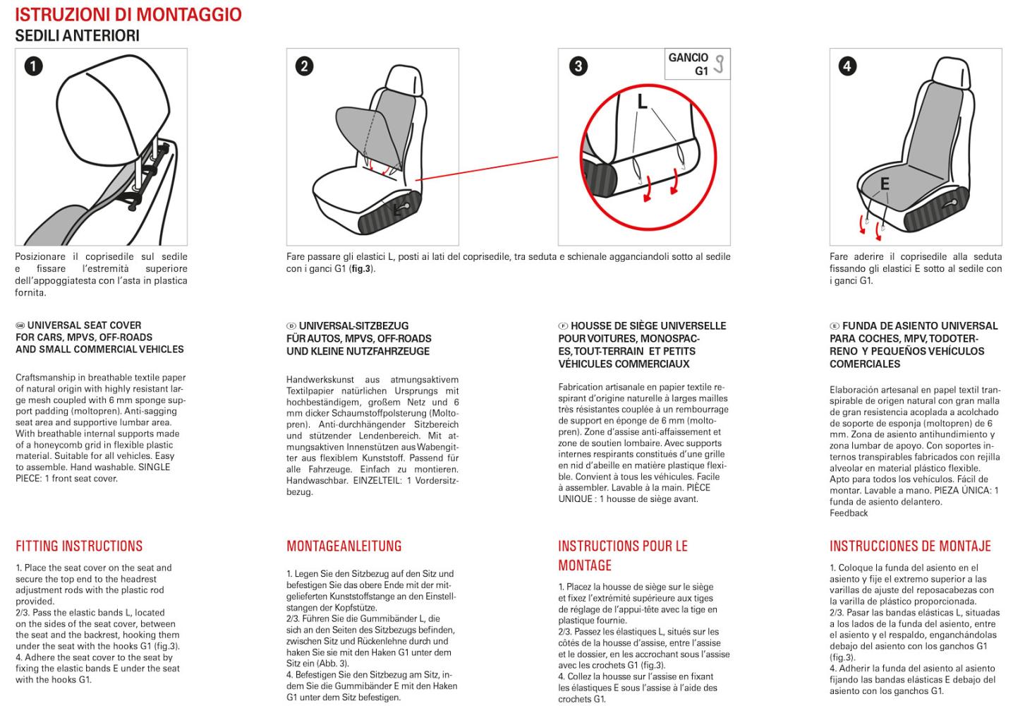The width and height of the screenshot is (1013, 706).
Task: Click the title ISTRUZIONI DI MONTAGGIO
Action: pyautogui.click(x=128, y=15)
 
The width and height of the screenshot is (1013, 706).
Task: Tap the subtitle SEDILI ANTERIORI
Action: pyautogui.click(x=78, y=35)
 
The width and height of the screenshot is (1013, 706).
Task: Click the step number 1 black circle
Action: pyautogui.click(x=33, y=66)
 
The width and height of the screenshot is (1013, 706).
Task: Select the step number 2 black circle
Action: pyautogui.click(x=304, y=66)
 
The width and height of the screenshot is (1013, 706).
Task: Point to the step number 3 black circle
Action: pyautogui.click(x=578, y=66)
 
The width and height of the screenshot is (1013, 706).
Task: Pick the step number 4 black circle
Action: pyautogui.click(x=847, y=66)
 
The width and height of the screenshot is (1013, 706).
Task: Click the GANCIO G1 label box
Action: pyautogui.click(x=697, y=64)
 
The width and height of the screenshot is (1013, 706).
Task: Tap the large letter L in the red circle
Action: pyautogui.click(x=642, y=102)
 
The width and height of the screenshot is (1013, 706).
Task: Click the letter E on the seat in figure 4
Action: pyautogui.click(x=885, y=184)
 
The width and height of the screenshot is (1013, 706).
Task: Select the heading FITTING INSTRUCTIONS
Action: pyautogui.click(x=79, y=546)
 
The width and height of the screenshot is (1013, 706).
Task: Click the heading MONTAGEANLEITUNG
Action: pyautogui.click(x=344, y=546)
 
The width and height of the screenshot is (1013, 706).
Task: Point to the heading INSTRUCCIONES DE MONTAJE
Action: pyautogui.click(x=910, y=546)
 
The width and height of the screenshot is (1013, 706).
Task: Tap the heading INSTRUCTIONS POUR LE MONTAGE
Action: pyautogui.click(x=623, y=556)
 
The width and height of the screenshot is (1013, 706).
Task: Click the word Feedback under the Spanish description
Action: pyautogui.click(x=849, y=513)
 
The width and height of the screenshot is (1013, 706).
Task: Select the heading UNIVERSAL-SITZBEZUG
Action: pyautogui.click(x=353, y=326)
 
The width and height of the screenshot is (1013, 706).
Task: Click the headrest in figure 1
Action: pyautogui.click(x=113, y=108)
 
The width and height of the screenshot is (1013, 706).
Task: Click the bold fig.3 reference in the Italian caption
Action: pyautogui.click(x=361, y=268)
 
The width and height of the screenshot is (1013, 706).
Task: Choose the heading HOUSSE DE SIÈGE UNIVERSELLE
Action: pyautogui.click(x=648, y=326)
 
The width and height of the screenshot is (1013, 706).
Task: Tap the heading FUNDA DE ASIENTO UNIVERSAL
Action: pyautogui.click(x=920, y=326)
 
